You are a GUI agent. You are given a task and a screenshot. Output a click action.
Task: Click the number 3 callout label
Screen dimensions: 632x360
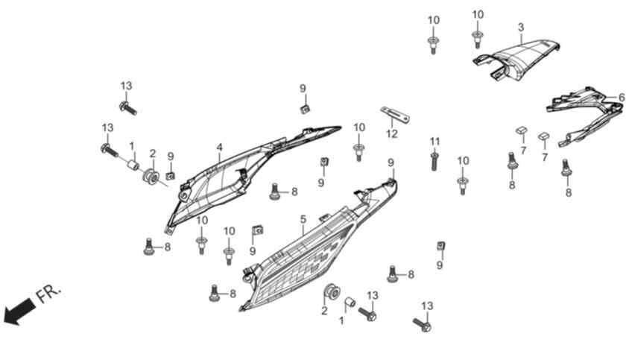[521, 28]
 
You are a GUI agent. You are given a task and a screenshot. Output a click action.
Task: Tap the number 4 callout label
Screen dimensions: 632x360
[219, 148]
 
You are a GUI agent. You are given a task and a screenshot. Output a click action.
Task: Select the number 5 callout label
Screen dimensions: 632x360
[303, 219]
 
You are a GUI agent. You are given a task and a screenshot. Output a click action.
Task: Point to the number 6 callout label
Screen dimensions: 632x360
[622, 97]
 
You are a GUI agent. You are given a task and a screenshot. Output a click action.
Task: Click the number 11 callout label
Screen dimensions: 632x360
[434, 142]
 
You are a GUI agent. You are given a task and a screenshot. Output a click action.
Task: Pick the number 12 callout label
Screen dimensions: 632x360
[392, 133]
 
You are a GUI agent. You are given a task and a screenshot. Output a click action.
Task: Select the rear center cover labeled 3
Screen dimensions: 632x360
[517, 60]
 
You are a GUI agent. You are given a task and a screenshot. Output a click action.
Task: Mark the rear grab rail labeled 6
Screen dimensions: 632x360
[584, 115]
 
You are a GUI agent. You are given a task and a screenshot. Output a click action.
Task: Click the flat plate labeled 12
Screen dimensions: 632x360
[396, 115]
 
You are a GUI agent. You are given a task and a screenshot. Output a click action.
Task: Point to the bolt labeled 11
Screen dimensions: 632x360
[434, 162]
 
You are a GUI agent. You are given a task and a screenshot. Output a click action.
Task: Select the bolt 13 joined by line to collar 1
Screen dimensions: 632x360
[110, 151]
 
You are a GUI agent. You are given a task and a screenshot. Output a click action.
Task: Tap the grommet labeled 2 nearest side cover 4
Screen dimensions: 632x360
[151, 177]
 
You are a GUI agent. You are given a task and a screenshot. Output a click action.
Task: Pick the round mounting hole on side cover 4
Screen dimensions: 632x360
[184, 197]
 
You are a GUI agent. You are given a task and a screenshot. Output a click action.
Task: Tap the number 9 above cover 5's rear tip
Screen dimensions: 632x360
[391, 163]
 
